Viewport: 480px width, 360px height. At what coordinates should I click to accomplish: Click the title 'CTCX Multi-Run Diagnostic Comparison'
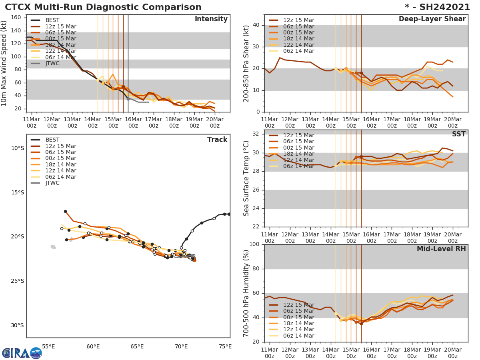(x=103, y=7)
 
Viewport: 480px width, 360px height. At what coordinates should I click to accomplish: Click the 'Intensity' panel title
(x=211, y=19)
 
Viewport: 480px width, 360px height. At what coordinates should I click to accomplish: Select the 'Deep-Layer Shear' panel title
(x=432, y=19)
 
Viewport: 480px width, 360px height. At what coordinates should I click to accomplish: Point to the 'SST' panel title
(x=458, y=134)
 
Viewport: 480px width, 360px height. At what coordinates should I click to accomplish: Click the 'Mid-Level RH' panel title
(x=441, y=249)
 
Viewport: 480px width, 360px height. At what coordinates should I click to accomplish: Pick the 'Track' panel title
(x=217, y=140)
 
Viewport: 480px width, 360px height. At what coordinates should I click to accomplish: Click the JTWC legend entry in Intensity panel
(x=52, y=63)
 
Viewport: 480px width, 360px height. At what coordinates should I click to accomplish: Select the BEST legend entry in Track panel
(x=52, y=140)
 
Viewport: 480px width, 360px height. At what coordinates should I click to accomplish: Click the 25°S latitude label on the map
(x=17, y=281)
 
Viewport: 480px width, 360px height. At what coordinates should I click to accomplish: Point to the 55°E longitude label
(x=48, y=346)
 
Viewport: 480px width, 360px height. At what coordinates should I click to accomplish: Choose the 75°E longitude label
(x=225, y=346)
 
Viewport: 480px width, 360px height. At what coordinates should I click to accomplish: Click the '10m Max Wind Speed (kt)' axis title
(x=4, y=63)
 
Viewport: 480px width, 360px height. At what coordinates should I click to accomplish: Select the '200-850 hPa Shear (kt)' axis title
(x=246, y=63)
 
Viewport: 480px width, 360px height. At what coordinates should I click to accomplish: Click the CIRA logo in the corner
(x=22, y=353)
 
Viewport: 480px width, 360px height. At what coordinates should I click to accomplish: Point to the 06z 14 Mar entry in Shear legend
(x=298, y=51)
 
